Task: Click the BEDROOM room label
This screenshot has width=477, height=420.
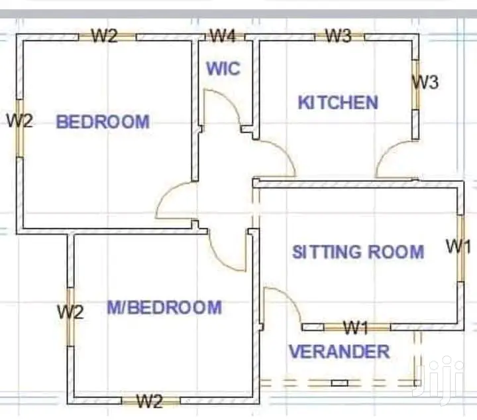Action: pyautogui.click(x=103, y=121)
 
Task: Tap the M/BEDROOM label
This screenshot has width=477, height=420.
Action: pyautogui.click(x=164, y=307)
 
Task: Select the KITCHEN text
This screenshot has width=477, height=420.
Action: pyautogui.click(x=338, y=102)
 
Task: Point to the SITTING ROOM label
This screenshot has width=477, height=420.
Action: pyautogui.click(x=358, y=252)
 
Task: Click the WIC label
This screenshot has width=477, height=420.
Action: pyautogui.click(x=223, y=68)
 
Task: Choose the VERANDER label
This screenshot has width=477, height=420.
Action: pyautogui.click(x=339, y=352)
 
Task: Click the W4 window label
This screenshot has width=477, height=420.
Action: pyautogui.click(x=223, y=36)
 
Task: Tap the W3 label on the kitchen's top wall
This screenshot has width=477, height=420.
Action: pyautogui.click(x=339, y=36)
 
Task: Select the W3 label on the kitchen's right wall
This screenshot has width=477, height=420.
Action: pyautogui.click(x=425, y=82)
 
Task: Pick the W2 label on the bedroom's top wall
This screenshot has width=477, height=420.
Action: pyautogui.click(x=105, y=36)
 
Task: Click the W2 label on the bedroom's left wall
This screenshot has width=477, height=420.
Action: pyautogui.click(x=20, y=121)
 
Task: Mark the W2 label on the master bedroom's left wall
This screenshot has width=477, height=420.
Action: pyautogui.click(x=70, y=312)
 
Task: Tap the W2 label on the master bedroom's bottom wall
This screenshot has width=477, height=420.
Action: pyautogui.click(x=150, y=401)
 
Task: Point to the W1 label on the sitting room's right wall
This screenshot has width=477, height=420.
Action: pyautogui.click(x=458, y=246)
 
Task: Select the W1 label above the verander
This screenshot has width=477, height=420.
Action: pyautogui.click(x=356, y=328)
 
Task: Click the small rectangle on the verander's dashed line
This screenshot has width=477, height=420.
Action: pyautogui.click(x=339, y=383)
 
